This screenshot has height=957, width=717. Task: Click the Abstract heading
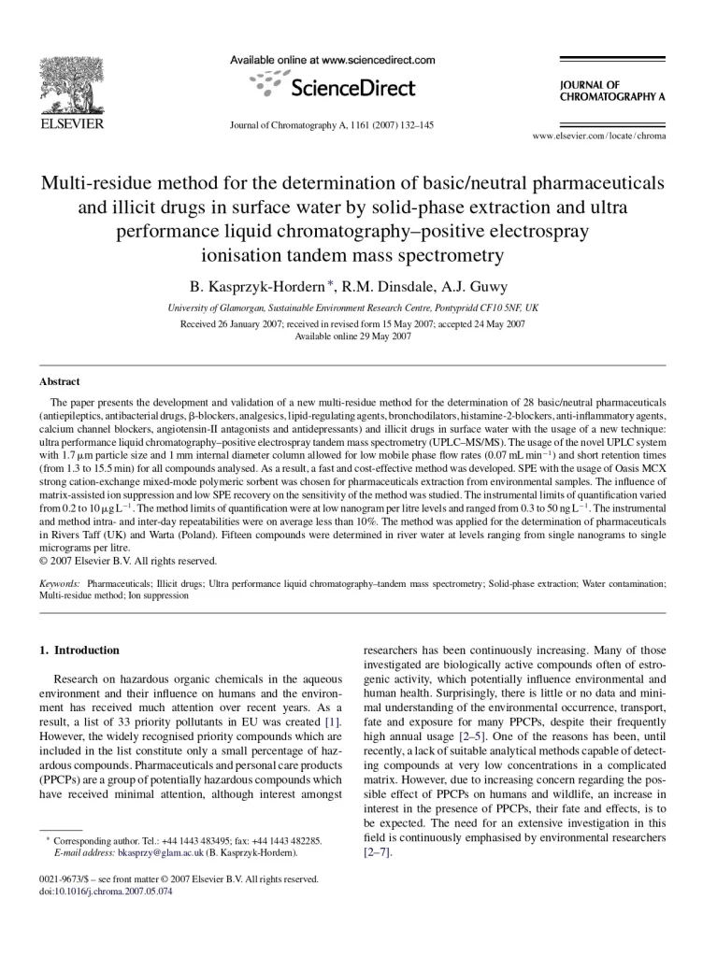(x=60, y=381)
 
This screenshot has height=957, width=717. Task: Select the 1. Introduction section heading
(x=79, y=650)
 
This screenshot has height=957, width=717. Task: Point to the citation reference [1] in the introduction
(x=332, y=721)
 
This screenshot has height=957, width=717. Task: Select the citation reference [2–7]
(x=377, y=853)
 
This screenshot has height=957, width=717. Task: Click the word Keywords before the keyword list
(x=58, y=582)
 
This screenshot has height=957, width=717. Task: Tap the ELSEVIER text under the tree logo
(x=71, y=123)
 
